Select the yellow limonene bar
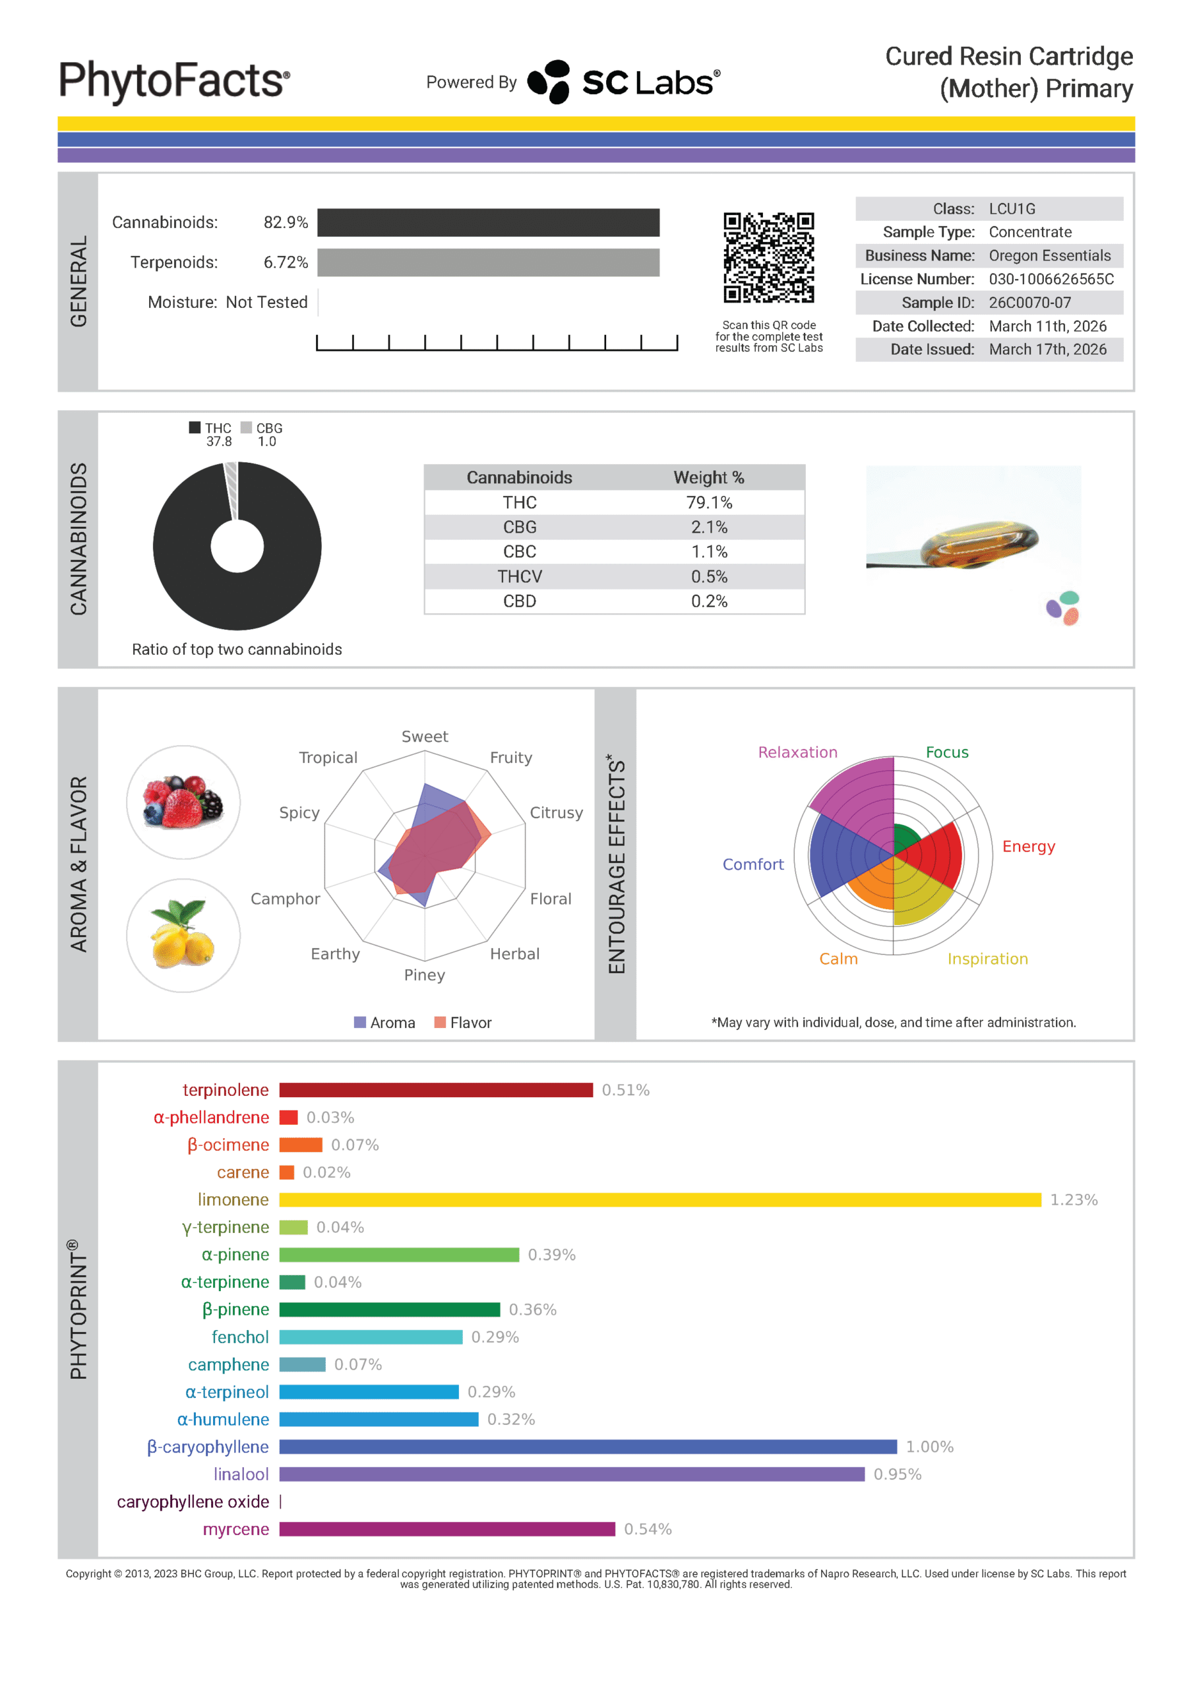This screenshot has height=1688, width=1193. [659, 1200]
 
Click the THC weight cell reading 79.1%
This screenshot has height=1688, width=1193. [709, 503]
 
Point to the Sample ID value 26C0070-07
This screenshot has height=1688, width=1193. [1029, 303]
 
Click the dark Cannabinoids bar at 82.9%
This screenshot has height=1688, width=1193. [489, 223]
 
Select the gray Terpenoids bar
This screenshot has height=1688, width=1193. [489, 262]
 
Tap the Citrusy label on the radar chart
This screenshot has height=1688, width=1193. [556, 812]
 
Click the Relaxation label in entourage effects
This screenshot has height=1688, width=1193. [797, 752]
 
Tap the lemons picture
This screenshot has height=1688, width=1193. [183, 935]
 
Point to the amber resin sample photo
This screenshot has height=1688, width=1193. [973, 544]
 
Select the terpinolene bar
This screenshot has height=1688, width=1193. [435, 1091]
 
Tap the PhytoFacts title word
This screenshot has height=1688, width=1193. [174, 81]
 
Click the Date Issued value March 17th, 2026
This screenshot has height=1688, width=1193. [1047, 350]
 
